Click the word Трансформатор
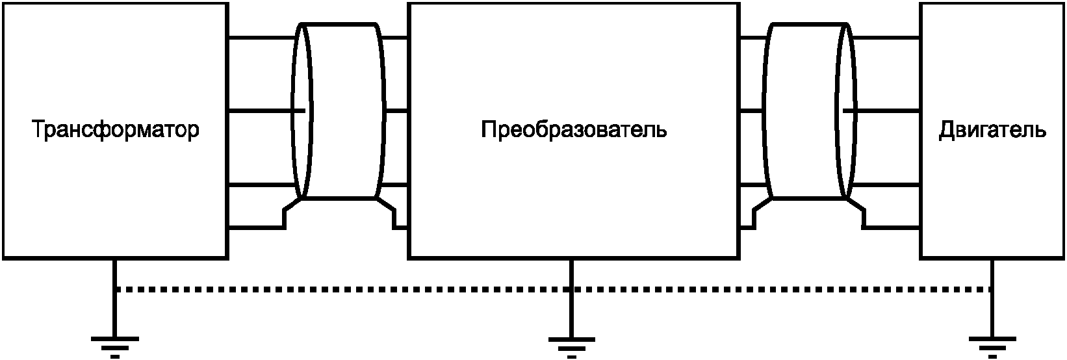pos(116,130)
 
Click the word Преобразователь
pos(574,130)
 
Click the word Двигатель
pos(992,130)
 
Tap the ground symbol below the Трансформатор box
pos(115,344)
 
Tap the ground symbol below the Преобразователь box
pos(571,344)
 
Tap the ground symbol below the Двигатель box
pos(992,344)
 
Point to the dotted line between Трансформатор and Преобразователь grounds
pos(338,289)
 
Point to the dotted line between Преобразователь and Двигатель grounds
pos(780,289)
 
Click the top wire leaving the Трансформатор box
pos(260,38)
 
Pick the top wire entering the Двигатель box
pos(887,38)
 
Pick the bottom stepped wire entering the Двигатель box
pos(890,227)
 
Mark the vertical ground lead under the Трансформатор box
pos(115,305)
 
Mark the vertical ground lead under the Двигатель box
pos(992,312)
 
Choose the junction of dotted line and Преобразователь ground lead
pos(571,289)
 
